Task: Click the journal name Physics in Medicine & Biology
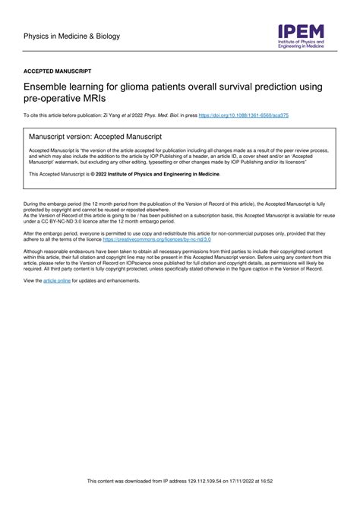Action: [x=72, y=36]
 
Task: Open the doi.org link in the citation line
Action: [x=243, y=115]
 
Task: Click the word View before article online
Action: [x=33, y=280]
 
